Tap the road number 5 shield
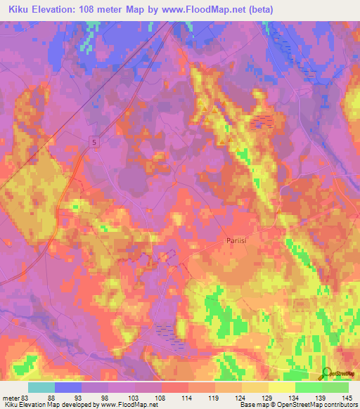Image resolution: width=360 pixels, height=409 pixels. [94, 143]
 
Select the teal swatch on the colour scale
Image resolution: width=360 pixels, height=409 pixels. [41, 387]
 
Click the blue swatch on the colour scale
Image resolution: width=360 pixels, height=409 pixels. [68, 387]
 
